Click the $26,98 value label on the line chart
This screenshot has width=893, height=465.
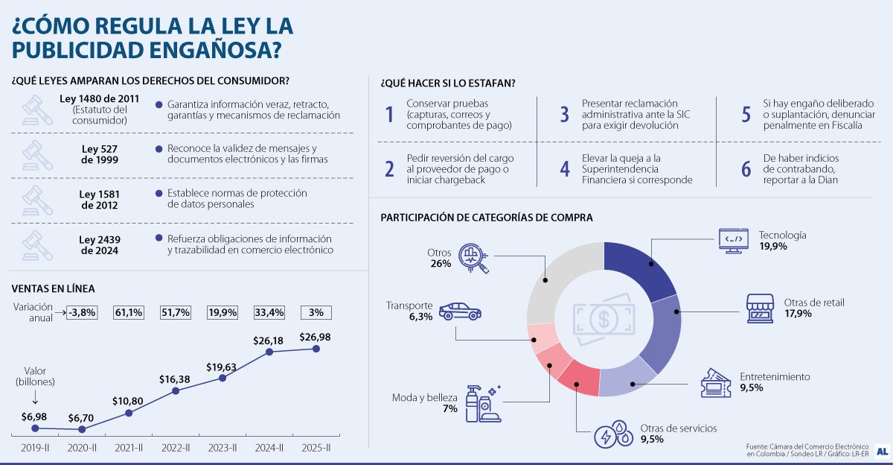pyautogui.click(x=316, y=337)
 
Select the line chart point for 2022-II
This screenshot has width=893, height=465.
pyautogui.click(x=176, y=390)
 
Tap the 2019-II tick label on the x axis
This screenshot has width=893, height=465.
pyautogui.click(x=35, y=448)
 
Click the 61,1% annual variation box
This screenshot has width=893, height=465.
pyautogui.click(x=128, y=312)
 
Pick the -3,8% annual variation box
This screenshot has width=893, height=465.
pyautogui.click(x=81, y=312)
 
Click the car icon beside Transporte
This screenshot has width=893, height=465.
pyautogui.click(x=457, y=311)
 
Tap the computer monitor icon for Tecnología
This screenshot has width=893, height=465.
pyautogui.click(x=733, y=240)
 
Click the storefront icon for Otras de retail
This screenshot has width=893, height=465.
pyautogui.click(x=761, y=308)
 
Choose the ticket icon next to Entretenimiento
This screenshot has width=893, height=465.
pyautogui.click(x=716, y=383)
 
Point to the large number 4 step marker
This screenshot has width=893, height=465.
pyautogui.click(x=565, y=169)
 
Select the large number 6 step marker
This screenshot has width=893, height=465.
pyautogui.click(x=746, y=169)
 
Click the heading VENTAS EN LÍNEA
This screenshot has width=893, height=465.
pyautogui.click(x=53, y=288)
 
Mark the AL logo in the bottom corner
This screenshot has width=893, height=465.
pyautogui.click(x=881, y=451)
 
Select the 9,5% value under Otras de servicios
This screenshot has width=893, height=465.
pyautogui.click(x=652, y=440)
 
